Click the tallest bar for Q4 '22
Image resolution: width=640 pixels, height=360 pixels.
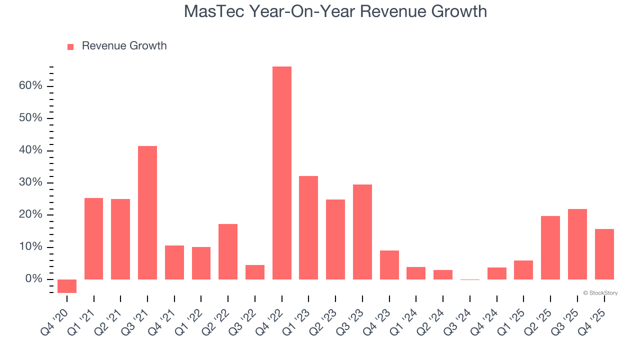pos(282,172)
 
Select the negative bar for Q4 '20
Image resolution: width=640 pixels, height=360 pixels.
pos(67,286)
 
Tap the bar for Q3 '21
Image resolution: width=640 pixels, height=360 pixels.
pos(147,212)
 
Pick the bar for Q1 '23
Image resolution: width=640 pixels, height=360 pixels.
pos(308,227)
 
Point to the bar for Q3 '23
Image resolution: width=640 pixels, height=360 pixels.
pos(362,231)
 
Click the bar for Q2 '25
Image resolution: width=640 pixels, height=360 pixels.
pos(550,247)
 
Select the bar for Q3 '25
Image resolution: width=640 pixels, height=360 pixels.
pos(577,244)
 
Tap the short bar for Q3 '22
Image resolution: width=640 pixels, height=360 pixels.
pos(255,272)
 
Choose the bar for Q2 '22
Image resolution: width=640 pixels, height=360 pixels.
pos(228,251)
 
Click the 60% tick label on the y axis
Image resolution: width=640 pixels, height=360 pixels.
pos(30,86)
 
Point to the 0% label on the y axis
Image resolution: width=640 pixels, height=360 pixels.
pos(33,279)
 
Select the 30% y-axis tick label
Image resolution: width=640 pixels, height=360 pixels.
pos(30,182)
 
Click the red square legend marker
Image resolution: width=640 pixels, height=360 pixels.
pos(70,46)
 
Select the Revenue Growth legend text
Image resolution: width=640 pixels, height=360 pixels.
pos(124,46)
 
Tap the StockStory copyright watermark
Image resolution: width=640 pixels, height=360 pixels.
pos(600,293)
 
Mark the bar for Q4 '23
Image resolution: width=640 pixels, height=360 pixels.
pos(389,264)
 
